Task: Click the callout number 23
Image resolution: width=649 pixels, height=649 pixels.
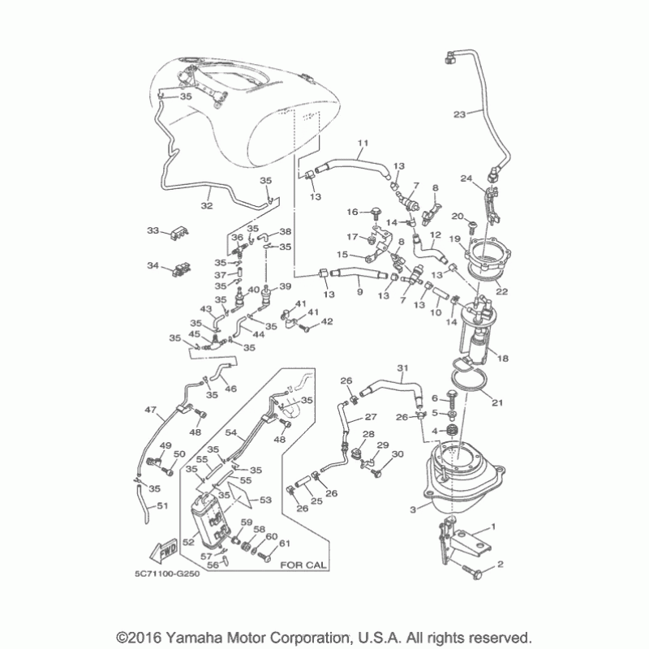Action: point(459,114)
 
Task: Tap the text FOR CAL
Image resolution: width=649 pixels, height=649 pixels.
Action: point(300,565)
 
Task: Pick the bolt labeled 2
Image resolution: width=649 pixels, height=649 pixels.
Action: point(473,572)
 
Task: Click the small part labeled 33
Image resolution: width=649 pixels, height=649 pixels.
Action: point(175,233)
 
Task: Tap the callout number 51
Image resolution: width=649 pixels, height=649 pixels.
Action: point(161,506)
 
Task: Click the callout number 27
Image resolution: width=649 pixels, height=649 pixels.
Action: point(372,415)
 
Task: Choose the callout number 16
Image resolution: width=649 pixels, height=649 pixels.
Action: point(354,212)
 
